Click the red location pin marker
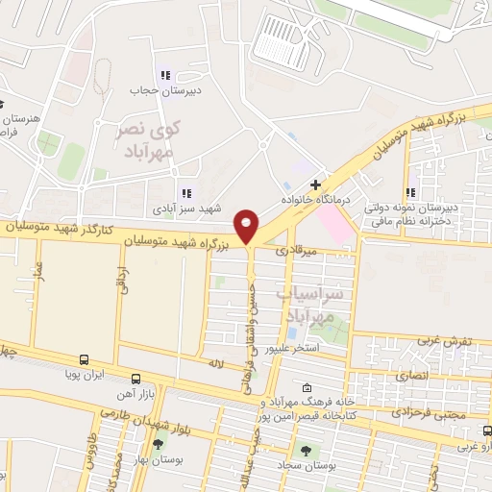[248, 226]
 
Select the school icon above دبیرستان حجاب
[165, 75]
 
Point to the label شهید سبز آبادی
[184, 209]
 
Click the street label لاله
[216, 363]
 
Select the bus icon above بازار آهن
[135, 379]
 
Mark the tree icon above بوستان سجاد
[306, 449]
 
